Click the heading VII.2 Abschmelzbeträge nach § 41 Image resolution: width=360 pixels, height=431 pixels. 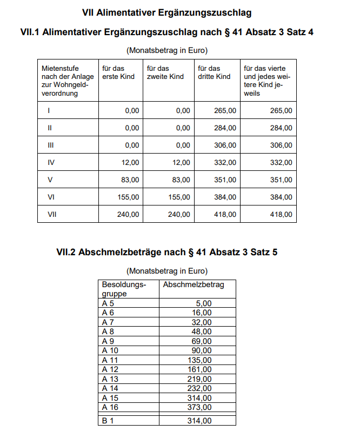(166, 252)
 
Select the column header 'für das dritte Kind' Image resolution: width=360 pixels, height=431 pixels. (214, 72)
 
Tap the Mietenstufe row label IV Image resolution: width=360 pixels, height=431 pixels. (51, 163)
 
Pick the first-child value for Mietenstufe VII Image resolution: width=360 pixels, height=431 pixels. (128, 214)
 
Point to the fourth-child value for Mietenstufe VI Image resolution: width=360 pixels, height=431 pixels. (281, 197)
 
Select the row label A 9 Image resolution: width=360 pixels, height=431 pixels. (108, 341)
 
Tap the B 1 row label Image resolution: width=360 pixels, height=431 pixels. (108, 421)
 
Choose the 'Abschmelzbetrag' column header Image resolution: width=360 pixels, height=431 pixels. (193, 284)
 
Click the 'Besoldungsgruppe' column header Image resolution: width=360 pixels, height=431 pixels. (124, 289)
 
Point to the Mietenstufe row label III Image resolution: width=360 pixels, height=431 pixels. (51, 145)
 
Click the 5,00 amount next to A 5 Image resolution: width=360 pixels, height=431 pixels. (204, 303)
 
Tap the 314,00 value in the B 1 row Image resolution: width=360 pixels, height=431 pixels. (201, 421)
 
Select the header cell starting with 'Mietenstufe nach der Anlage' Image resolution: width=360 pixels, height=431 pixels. (67, 81)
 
